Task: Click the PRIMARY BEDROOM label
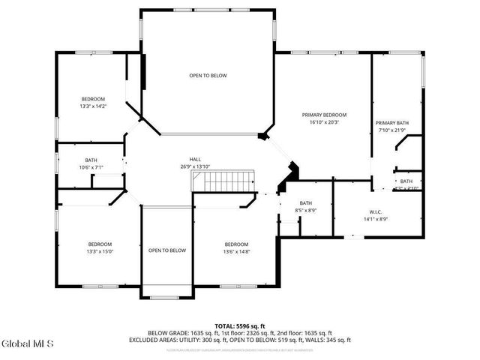[x=324, y=115]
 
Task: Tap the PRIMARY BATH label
[x=392, y=123]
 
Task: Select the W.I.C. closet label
[x=376, y=211]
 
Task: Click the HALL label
[x=195, y=159]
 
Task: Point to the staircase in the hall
[x=224, y=181]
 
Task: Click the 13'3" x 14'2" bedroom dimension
[x=93, y=106]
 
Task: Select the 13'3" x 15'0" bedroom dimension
[x=100, y=251]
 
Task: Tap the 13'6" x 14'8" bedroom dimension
[x=236, y=251]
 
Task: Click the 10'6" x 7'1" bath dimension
[x=91, y=167]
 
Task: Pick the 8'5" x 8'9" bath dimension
[x=306, y=211]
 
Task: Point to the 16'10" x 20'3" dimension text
[x=324, y=122]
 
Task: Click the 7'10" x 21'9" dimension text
[x=392, y=130]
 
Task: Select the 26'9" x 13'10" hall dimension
[x=195, y=166]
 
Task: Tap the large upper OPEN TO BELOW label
[x=208, y=76]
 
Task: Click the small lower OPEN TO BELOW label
[x=166, y=250]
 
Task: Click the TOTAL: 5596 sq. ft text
[x=240, y=325]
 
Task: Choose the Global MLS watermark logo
[x=28, y=344]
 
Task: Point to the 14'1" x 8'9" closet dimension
[x=376, y=219]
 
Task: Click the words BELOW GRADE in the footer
[x=166, y=332]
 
